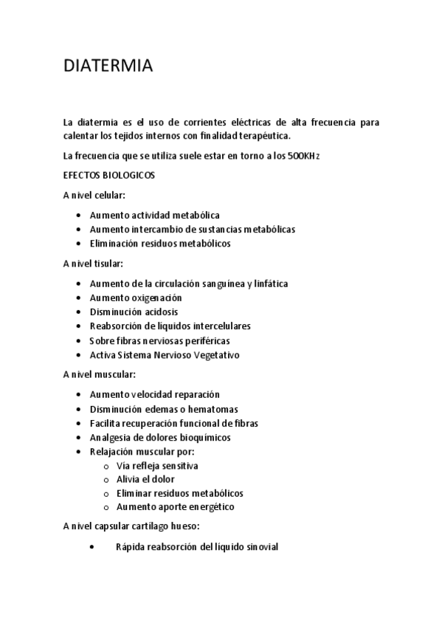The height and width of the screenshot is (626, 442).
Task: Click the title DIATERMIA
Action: tap(108, 66)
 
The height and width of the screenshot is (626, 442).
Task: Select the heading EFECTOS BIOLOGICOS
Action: tap(108, 176)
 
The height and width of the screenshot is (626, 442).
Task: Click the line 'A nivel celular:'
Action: tap(94, 196)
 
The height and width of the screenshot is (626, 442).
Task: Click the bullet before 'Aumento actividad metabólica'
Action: tap(79, 216)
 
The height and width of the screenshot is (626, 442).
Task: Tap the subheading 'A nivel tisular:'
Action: tap(93, 263)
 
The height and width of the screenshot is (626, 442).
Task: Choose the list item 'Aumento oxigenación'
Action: tap(135, 297)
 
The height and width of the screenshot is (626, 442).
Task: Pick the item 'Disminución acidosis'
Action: tap(134, 312)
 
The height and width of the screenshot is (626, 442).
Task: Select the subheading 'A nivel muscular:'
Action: tap(99, 374)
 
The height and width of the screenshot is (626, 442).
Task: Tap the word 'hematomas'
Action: tap(235, 409)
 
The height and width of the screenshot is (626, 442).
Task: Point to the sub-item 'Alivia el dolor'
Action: tap(145, 479)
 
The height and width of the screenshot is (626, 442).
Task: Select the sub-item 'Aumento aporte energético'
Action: tap(176, 507)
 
